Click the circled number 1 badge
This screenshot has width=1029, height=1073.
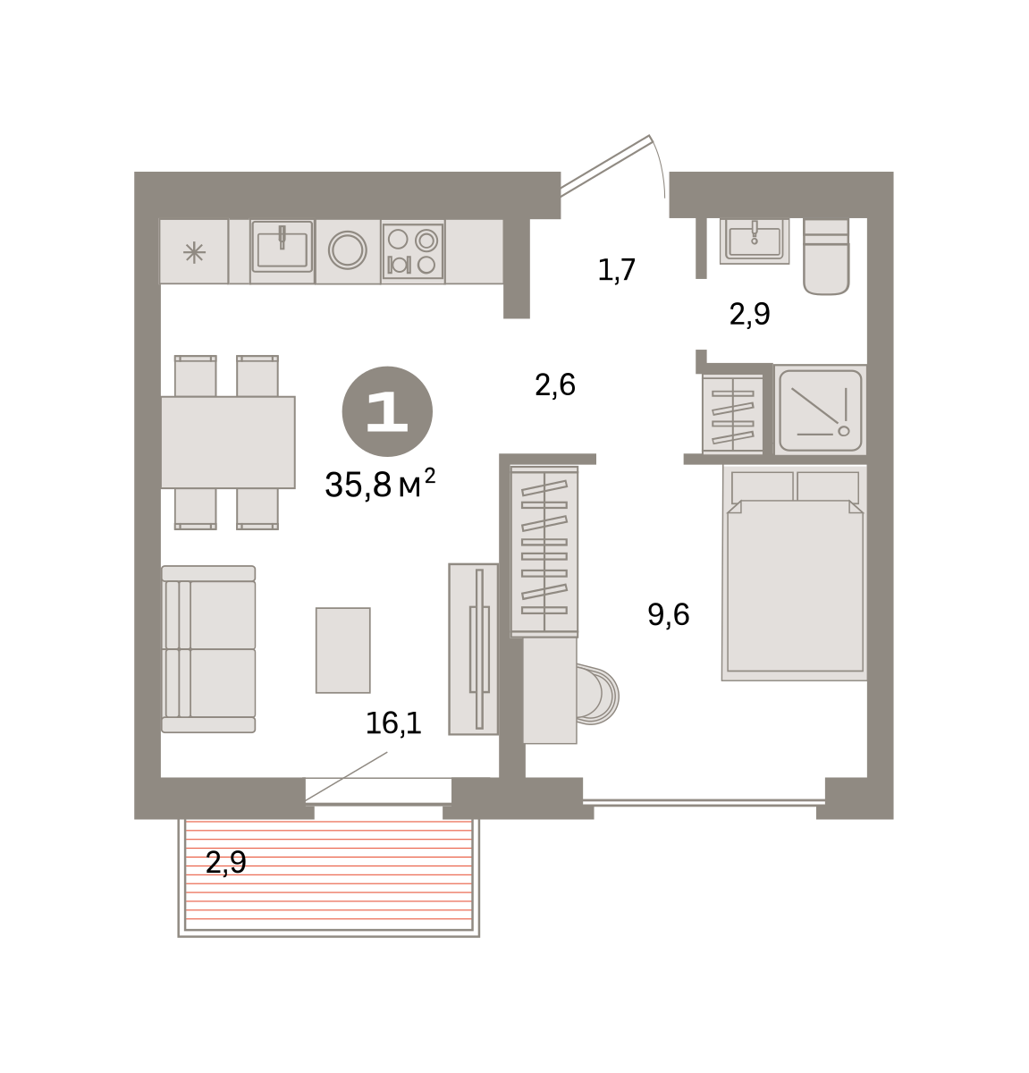[x=387, y=411]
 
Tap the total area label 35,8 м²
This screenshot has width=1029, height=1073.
[x=380, y=484]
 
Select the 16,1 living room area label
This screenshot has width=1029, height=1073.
[x=393, y=722]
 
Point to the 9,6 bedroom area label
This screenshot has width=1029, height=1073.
[x=668, y=614]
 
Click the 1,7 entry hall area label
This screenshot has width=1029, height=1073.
[x=617, y=270]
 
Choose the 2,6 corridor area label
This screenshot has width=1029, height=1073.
[x=555, y=384]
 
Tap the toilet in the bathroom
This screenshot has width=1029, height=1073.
[x=826, y=257]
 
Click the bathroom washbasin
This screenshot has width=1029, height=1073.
[x=755, y=241]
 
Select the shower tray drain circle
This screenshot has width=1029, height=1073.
[x=843, y=431]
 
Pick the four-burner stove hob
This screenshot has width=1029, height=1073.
[x=413, y=251]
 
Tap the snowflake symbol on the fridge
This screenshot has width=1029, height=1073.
[x=194, y=252]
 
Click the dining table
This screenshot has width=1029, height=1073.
[x=228, y=442]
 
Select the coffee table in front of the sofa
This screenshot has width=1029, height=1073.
[x=342, y=650]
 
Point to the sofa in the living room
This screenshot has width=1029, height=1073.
[x=208, y=648]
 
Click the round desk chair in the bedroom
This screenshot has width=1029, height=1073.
[x=597, y=695]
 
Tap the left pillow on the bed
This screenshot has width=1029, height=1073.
[x=763, y=486]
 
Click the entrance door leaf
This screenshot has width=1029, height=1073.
[x=605, y=165]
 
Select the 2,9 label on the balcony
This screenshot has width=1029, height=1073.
[x=225, y=862]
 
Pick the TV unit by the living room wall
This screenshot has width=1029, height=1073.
[x=474, y=649]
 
